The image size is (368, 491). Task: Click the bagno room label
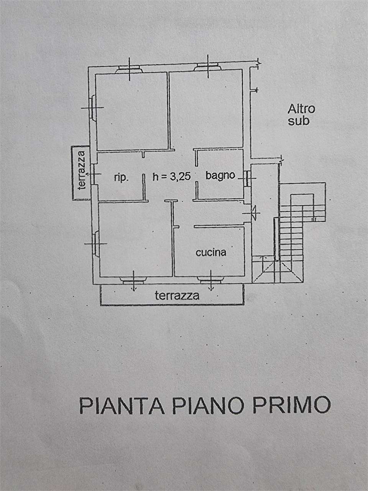(x=220, y=176)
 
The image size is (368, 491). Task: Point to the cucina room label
(x=211, y=252)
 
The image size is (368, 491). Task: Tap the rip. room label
(x=122, y=178)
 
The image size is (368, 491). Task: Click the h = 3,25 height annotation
(x=172, y=177)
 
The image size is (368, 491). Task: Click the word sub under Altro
(x=299, y=121)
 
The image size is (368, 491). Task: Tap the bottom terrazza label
(x=177, y=296)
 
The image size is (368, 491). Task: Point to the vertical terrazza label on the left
(x=82, y=170)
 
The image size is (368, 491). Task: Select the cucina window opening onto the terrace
(x=210, y=280)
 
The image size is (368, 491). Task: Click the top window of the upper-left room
(x=130, y=69)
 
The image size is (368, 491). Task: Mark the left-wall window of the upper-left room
(x=92, y=107)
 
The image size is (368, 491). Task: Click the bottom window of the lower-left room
(x=133, y=280)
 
